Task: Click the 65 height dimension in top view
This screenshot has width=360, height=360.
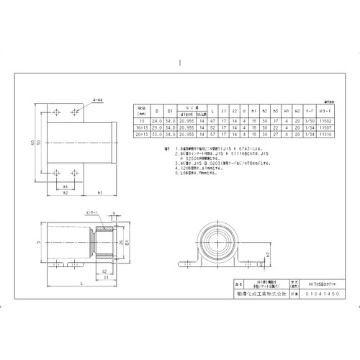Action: tap(32, 143)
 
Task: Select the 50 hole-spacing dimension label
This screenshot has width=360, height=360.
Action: tap(39, 143)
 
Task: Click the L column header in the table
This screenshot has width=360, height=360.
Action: tap(214, 111)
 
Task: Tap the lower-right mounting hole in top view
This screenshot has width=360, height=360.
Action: tap(73, 174)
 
